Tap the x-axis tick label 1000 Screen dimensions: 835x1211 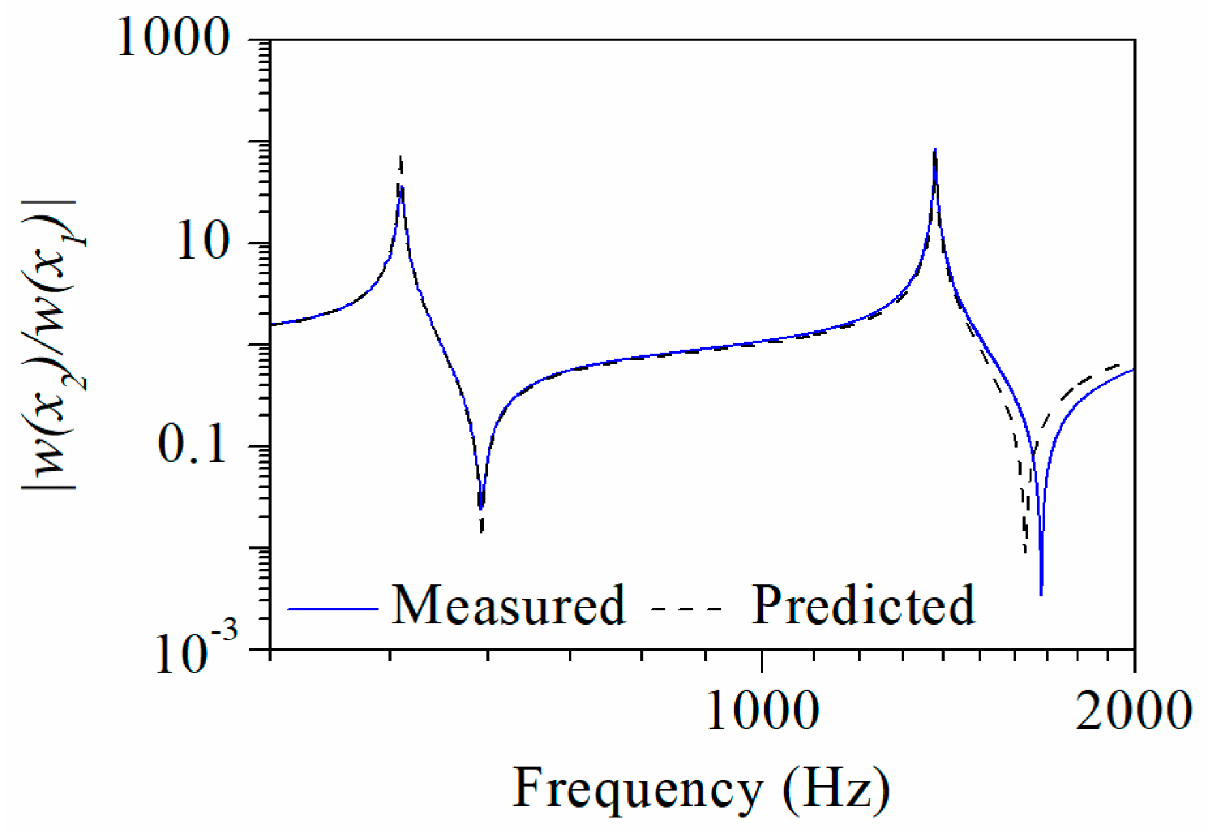762,711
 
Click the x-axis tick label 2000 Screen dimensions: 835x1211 1133,711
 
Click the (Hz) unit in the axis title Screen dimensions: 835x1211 837,789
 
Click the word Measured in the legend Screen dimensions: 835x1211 508,606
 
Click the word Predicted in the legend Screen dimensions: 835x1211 863,606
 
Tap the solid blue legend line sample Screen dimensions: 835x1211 333,608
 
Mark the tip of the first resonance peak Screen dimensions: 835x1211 401,157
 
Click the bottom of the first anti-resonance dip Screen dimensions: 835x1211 481,531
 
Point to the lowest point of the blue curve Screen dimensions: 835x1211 1041,594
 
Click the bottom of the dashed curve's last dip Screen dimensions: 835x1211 1025,552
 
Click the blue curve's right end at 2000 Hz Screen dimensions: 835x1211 1134,370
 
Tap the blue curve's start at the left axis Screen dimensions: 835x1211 271,324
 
